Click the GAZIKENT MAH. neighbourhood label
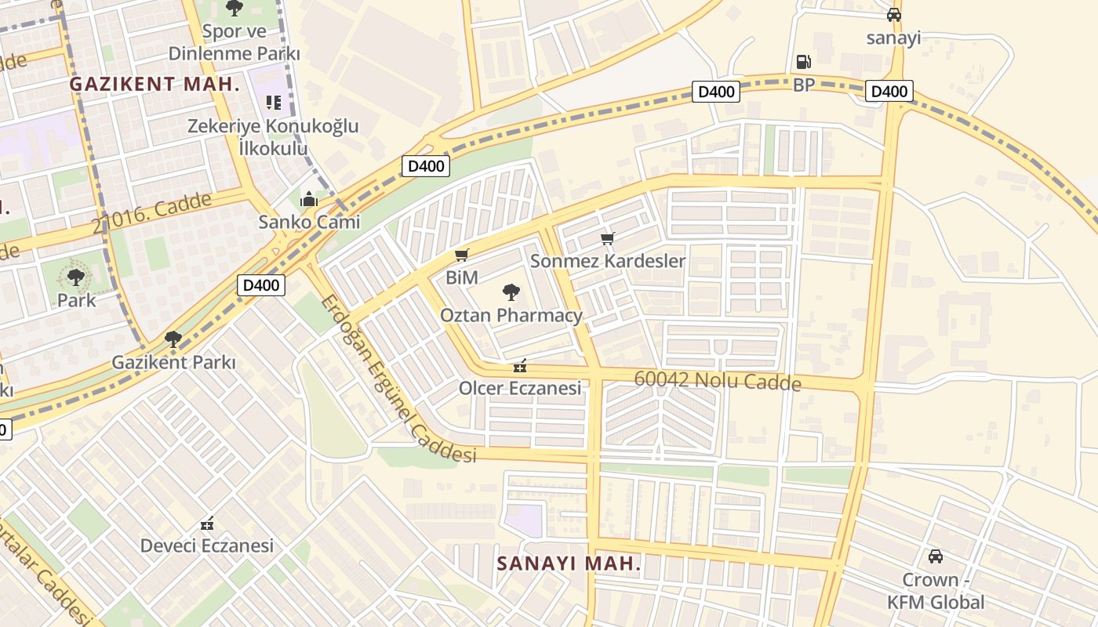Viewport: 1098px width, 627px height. pyautogui.click(x=155, y=84)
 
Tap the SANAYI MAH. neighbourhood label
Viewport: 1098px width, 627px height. pyautogui.click(x=569, y=563)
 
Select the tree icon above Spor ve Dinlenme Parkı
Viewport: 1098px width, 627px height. pyautogui.click(x=234, y=8)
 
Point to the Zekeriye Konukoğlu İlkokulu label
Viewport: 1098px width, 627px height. pyautogui.click(x=272, y=136)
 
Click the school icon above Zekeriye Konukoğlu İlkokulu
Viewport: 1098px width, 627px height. pyautogui.click(x=273, y=103)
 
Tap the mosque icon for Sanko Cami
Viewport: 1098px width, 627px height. pyautogui.click(x=309, y=199)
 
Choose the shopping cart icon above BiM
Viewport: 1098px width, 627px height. pyautogui.click(x=462, y=255)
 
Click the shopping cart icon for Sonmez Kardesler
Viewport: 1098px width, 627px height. pyautogui.click(x=607, y=238)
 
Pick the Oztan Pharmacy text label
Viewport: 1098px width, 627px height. pyautogui.click(x=511, y=315)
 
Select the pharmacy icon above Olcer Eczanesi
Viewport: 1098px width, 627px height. pyautogui.click(x=519, y=366)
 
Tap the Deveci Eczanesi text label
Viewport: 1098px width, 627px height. pyautogui.click(x=206, y=545)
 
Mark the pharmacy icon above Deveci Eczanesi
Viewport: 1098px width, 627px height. pyautogui.click(x=207, y=523)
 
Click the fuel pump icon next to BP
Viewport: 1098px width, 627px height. pyautogui.click(x=803, y=61)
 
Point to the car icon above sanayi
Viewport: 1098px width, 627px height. pyautogui.click(x=893, y=15)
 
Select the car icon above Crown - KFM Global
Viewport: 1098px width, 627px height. pyautogui.click(x=935, y=556)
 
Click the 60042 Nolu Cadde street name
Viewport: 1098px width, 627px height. pyautogui.click(x=717, y=380)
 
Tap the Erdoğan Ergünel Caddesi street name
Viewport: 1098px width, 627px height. pyautogui.click(x=398, y=379)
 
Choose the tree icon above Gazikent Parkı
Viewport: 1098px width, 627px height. pyautogui.click(x=173, y=339)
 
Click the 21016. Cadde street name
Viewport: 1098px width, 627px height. pyautogui.click(x=152, y=212)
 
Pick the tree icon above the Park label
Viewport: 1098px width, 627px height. pyautogui.click(x=76, y=277)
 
